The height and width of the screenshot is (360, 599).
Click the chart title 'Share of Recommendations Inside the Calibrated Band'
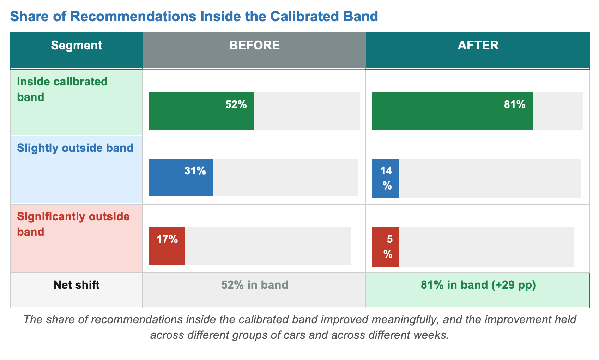(194, 16)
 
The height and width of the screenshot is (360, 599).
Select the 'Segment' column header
(76, 45)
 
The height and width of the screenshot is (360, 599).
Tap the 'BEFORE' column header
(254, 45)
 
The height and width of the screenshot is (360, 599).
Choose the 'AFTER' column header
(478, 45)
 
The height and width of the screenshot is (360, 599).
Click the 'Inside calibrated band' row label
(62, 89)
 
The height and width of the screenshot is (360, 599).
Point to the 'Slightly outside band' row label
(75, 148)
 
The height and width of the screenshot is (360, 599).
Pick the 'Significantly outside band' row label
(73, 224)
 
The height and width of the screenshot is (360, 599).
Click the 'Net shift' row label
(77, 285)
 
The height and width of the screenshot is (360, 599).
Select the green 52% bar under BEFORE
(201, 111)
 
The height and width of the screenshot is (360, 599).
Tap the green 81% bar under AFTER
(452, 111)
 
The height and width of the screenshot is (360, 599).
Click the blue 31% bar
(181, 178)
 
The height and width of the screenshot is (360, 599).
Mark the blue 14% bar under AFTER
(385, 179)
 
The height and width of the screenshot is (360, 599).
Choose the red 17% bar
(167, 246)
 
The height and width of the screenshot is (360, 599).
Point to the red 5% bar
(386, 247)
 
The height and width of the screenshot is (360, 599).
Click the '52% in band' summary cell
(255, 285)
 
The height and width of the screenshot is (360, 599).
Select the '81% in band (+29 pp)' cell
(478, 285)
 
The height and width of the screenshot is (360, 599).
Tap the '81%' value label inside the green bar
(515, 104)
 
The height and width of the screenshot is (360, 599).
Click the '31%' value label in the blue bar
(195, 170)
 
